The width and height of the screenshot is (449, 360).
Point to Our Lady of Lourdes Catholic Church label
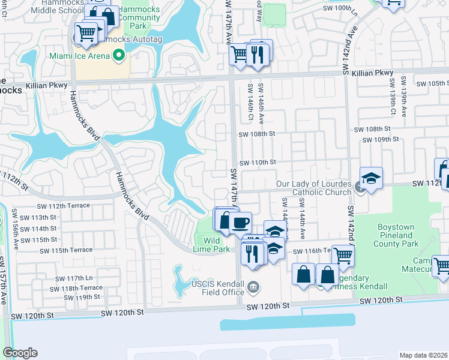click(x=313, y=188)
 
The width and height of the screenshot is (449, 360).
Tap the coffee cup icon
click(x=241, y=223)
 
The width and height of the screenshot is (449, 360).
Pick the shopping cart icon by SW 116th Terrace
click(x=343, y=255)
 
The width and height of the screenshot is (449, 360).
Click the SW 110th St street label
click(x=258, y=162)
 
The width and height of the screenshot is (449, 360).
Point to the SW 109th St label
click(x=382, y=139)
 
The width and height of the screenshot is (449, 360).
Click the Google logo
click(x=20, y=353)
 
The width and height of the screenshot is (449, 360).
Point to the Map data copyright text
click(x=423, y=355)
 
